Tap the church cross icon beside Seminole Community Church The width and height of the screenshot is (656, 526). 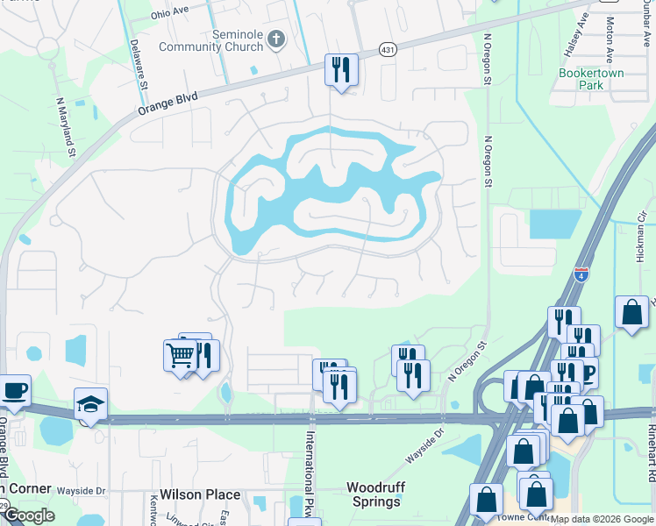tap(276, 39)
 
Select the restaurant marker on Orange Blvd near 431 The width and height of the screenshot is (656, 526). tap(341, 70)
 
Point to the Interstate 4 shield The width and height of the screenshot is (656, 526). tap(581, 274)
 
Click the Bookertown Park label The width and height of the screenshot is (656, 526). tap(592, 80)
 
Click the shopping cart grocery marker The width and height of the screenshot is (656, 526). tap(180, 355)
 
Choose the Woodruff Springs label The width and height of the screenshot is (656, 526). tap(374, 494)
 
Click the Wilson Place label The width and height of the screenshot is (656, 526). tap(200, 494)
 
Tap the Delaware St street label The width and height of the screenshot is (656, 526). tap(137, 64)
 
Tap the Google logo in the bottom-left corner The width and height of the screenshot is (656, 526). tap(29, 515)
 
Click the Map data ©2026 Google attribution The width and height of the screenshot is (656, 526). tap(602, 519)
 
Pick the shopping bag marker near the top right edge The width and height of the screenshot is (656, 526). tap(631, 313)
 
